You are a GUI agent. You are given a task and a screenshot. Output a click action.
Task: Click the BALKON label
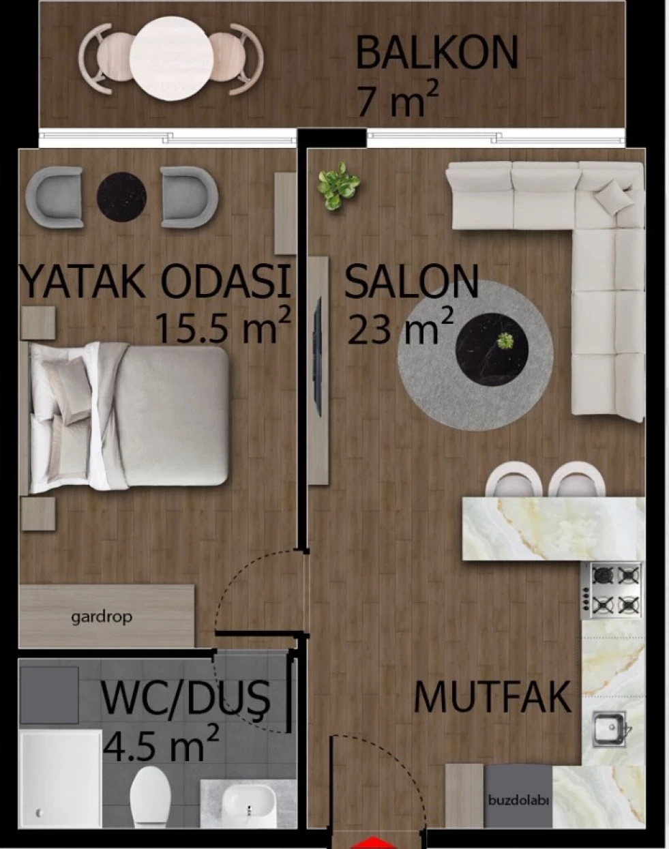pyautogui.click(x=436, y=53)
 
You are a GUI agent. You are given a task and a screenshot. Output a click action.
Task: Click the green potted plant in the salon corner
pyautogui.click(x=339, y=185)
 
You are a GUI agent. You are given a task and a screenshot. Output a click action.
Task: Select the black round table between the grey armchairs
pyautogui.click(x=121, y=197)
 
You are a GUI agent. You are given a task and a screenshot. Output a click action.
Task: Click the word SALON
pyautogui.click(x=412, y=282)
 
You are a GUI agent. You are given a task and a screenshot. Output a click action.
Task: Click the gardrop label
pyautogui.click(x=102, y=617)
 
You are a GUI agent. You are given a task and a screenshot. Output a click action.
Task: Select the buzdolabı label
pyautogui.click(x=518, y=801)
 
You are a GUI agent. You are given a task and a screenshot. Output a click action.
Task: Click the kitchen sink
pyautogui.click(x=610, y=730)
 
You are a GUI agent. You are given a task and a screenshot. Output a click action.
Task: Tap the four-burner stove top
pyautogui.click(x=611, y=591)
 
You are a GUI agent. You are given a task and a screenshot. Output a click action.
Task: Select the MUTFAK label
pyautogui.click(x=492, y=697)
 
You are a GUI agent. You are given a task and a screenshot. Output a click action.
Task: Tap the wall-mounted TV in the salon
pyautogui.click(x=317, y=358)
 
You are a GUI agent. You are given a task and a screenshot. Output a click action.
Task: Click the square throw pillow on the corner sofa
pyautogui.click(x=614, y=196)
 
